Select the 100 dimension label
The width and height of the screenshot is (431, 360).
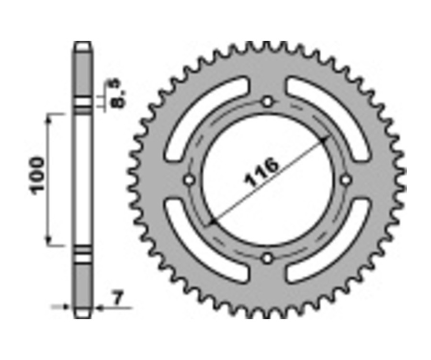(x=38, y=175)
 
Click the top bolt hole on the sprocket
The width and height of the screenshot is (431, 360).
(x=267, y=101)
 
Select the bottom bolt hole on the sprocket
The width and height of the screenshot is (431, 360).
(x=267, y=259)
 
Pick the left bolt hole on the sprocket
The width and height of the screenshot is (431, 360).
(x=189, y=180)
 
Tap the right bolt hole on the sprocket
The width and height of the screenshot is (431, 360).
(x=346, y=180)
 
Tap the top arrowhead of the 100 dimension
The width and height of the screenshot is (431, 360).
(x=48, y=118)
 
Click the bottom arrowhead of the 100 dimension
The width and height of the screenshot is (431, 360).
(x=48, y=242)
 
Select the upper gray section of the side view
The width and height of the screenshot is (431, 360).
(x=82, y=72)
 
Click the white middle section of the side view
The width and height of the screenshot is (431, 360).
(x=82, y=180)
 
